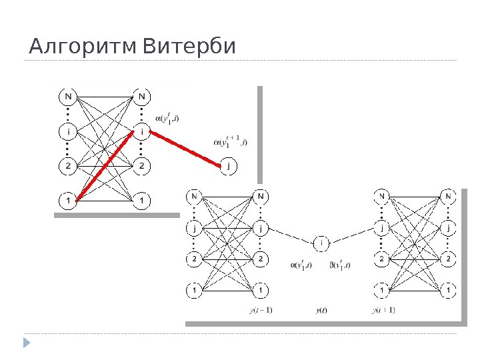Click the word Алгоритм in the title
tap(83, 48)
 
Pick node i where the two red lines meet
tap(141, 131)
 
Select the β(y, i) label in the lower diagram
tap(340, 265)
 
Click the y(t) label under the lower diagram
tap(321, 309)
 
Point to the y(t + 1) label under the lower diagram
tap(383, 309)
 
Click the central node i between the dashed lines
tap(321, 243)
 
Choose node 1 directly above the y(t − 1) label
tap(261, 290)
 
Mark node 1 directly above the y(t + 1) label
tap(382, 290)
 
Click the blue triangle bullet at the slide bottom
tap(27, 343)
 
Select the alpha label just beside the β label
tap(302, 265)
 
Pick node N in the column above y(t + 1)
tap(382, 197)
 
